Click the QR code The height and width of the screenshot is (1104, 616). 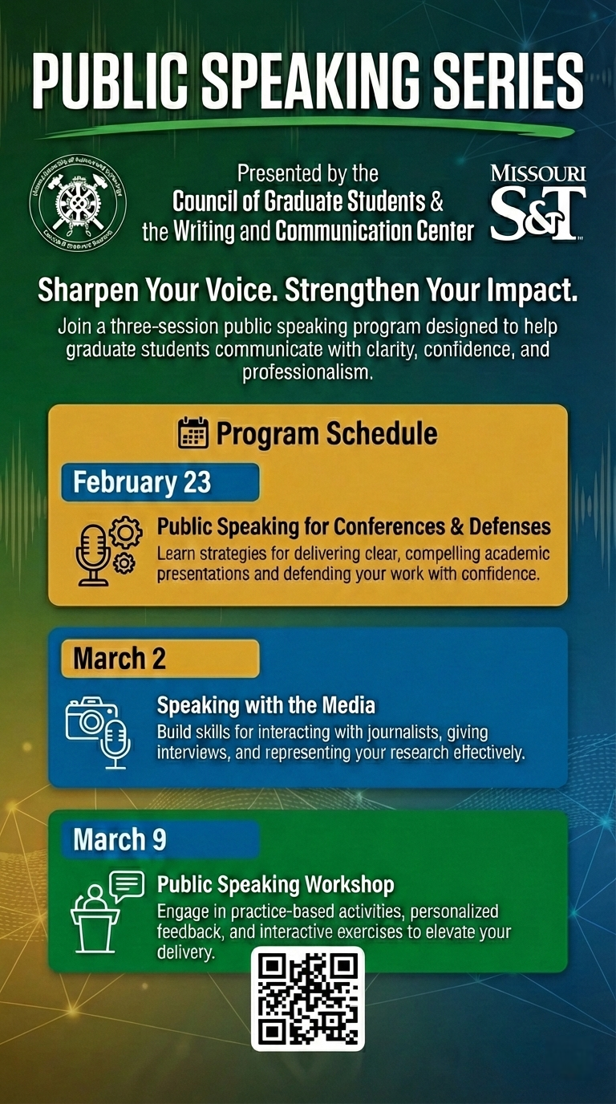point(308,998)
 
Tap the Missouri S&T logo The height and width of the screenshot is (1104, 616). point(538,203)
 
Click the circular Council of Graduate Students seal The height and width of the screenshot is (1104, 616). point(78,203)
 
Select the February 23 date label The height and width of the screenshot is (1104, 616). point(143,482)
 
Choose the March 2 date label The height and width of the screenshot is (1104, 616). point(120,659)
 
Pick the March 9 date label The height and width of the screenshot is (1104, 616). point(120,839)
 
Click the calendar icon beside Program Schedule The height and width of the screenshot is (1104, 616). point(192,433)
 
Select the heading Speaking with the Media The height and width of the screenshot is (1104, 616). point(266,706)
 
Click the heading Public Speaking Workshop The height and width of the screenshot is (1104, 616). point(275,885)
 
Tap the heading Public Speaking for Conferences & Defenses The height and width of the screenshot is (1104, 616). point(354,526)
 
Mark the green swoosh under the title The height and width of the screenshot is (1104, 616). point(321,126)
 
